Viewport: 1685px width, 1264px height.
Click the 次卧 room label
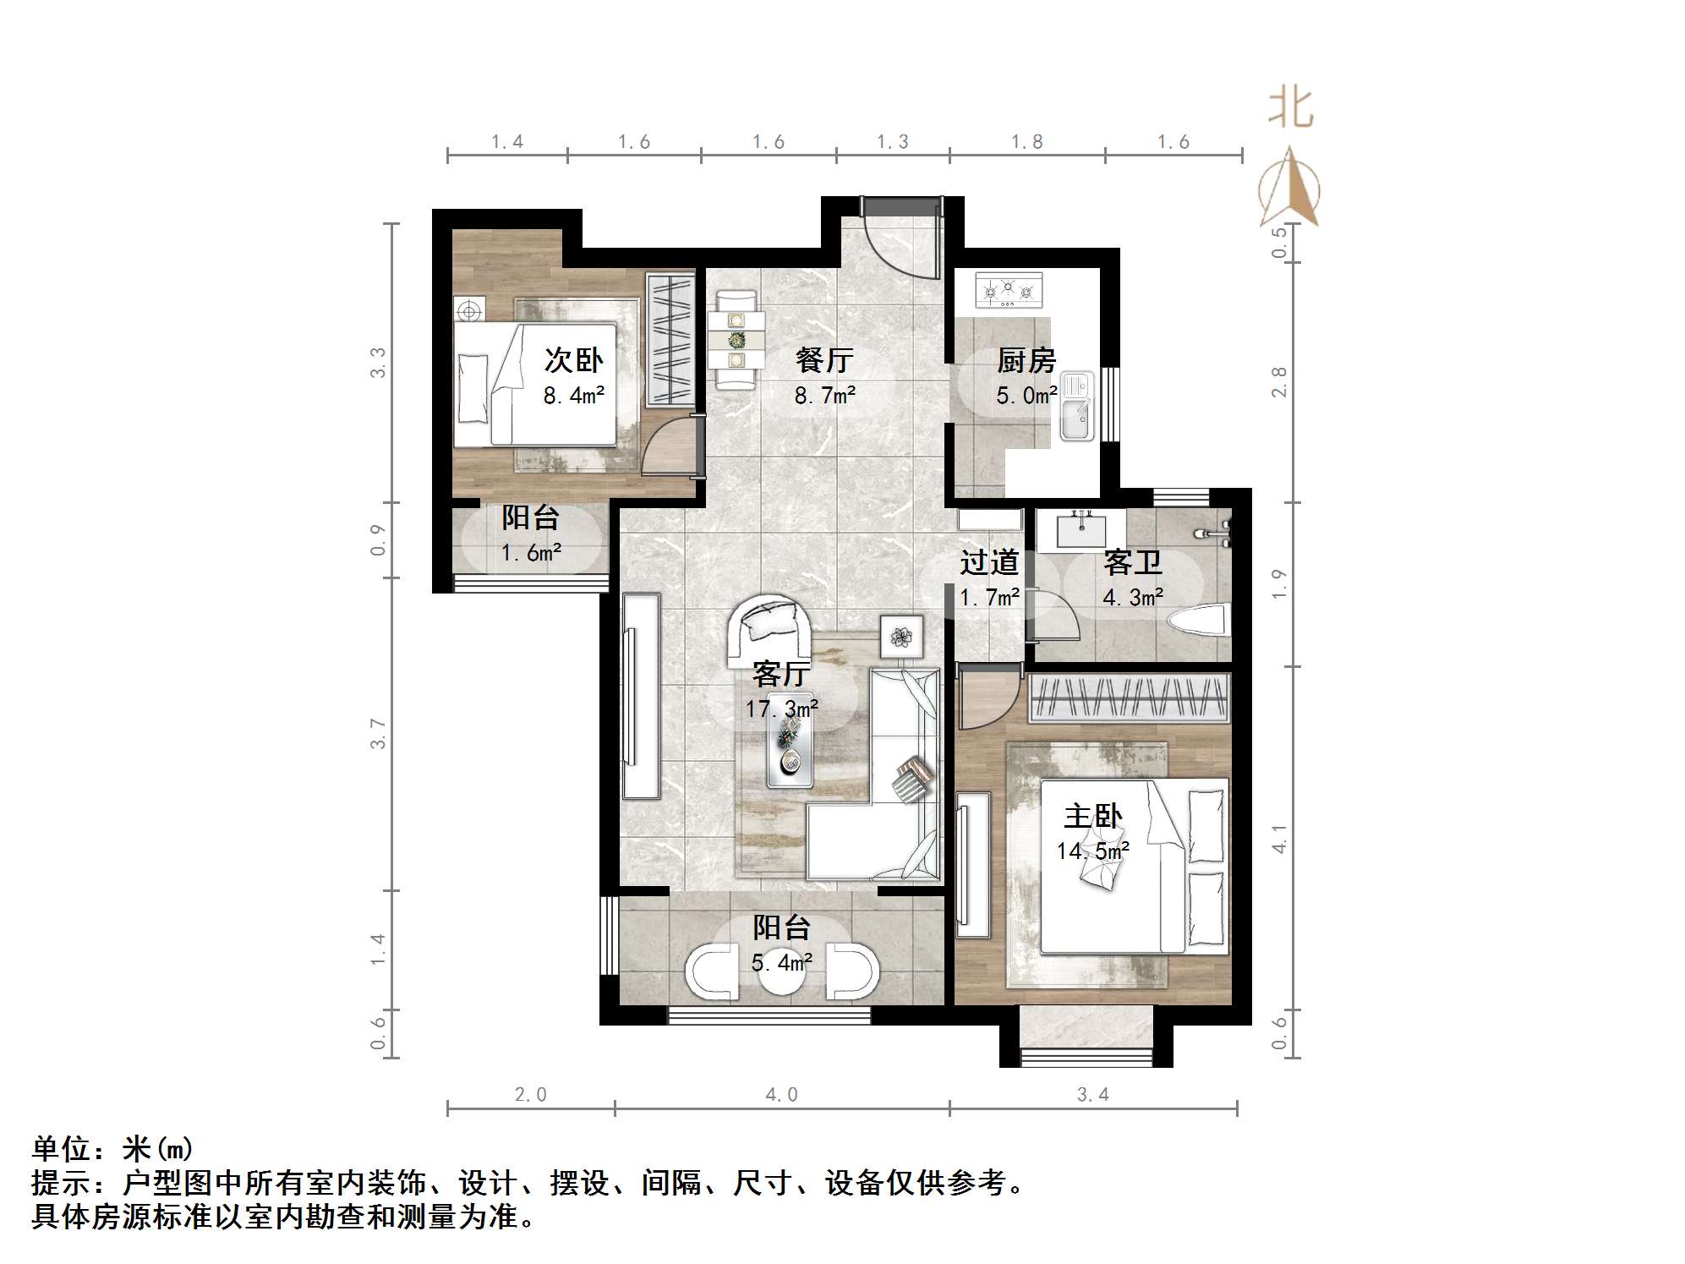(x=573, y=360)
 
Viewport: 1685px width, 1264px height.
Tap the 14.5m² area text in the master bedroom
(x=1092, y=851)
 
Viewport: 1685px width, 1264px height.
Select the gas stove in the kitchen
(x=1009, y=290)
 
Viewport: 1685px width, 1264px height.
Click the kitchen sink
(x=1076, y=408)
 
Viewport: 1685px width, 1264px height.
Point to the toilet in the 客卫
(x=1198, y=621)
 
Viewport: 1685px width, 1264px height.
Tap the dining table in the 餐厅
(x=736, y=340)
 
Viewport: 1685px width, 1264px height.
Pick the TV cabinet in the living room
(x=641, y=696)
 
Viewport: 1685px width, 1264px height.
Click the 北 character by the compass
(x=1290, y=108)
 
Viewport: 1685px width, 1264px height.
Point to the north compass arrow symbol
(x=1289, y=188)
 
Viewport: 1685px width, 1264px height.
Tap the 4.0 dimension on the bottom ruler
(x=781, y=1095)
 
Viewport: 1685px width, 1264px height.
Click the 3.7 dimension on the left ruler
(x=378, y=733)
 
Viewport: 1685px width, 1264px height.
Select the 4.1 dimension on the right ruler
(x=1279, y=839)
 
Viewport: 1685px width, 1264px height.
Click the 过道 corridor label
(x=988, y=562)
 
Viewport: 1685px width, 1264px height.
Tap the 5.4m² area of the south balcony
(x=781, y=962)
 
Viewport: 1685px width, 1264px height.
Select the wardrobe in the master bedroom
(x=1129, y=698)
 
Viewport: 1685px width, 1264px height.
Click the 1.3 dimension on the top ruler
(x=892, y=142)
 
